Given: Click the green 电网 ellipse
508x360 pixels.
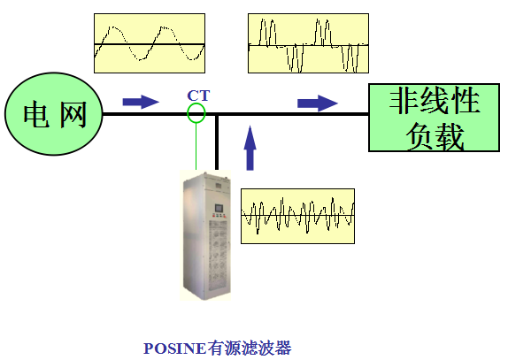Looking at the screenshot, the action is point(54,113).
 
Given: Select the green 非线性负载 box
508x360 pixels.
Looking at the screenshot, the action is point(435,118).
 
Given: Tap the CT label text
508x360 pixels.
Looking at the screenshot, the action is point(198,96).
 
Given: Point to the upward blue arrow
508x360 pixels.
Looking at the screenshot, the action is point(250,148).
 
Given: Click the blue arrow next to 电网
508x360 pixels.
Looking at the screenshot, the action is point(141,102).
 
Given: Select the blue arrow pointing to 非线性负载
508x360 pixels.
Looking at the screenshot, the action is point(318,103).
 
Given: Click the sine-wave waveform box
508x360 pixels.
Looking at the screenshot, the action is point(150,43).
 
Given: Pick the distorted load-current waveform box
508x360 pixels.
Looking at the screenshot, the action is point(308,43).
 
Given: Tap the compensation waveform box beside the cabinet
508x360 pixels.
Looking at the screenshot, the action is point(297,216).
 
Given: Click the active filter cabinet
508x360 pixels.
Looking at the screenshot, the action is point(206,235).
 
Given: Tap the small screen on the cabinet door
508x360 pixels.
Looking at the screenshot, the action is point(219,207).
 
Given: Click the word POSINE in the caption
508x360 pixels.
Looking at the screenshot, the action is point(174,349).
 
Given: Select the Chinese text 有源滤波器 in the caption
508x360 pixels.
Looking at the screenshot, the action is point(250,349).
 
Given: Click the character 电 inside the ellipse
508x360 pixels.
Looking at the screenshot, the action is point(36,114).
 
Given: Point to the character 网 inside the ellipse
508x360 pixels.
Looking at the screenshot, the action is point(73,114).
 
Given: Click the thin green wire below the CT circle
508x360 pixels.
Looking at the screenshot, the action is point(196,147).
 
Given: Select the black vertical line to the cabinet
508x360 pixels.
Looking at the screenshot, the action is point(217,142).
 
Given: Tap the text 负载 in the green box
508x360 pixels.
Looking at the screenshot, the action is point(435,137).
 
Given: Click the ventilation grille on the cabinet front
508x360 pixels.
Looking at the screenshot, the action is point(218,256).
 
